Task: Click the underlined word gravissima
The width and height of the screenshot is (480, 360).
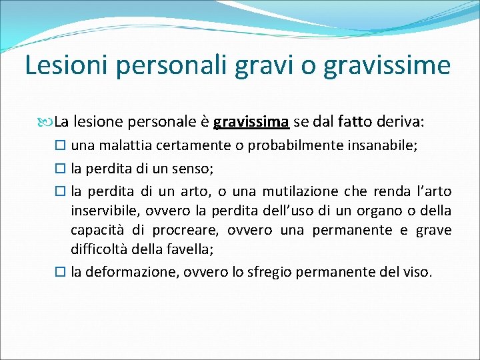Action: (x=251, y=123)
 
